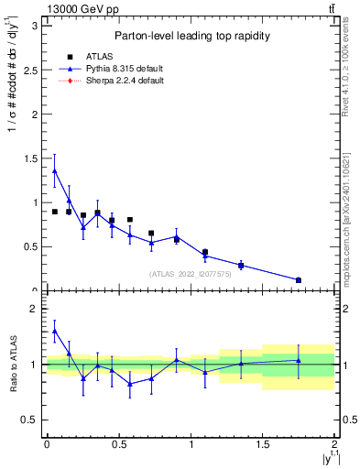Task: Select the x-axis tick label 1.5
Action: click(262, 444)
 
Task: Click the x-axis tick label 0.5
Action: click(118, 444)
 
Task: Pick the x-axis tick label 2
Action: click(334, 444)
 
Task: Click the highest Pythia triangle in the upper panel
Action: click(54, 170)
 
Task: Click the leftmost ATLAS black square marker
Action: click(55, 212)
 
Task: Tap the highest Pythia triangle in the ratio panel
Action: click(54, 332)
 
